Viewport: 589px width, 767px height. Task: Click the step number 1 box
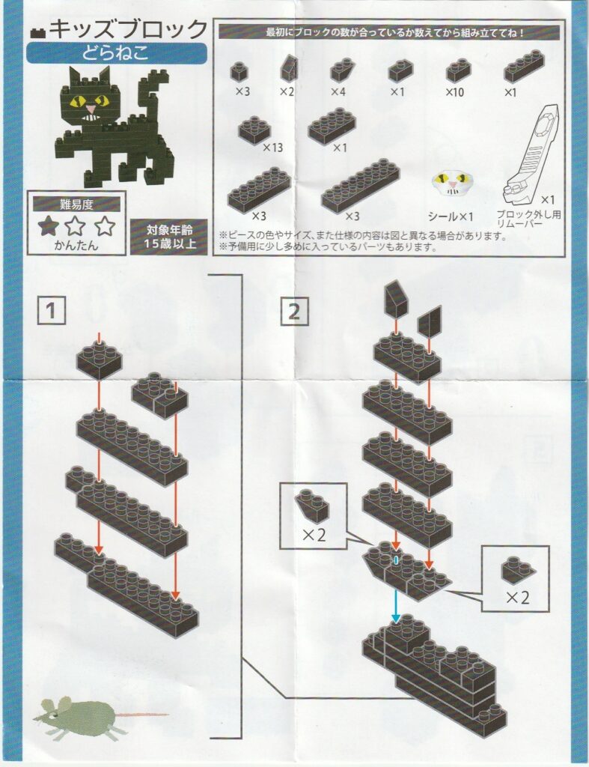pyautogui.click(x=51, y=311)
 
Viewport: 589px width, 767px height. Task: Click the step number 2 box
pyautogui.click(x=295, y=311)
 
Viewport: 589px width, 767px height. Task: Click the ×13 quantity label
pyautogui.click(x=273, y=148)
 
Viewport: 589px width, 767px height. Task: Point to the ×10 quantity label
pyautogui.click(x=454, y=92)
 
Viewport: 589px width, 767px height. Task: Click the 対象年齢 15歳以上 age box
pyautogui.click(x=169, y=237)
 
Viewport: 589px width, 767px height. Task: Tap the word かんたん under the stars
pyautogui.click(x=76, y=245)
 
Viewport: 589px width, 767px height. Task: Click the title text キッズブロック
pyautogui.click(x=129, y=29)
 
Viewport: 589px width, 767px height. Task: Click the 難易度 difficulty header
pyautogui.click(x=76, y=205)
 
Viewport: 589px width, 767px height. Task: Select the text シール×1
pyautogui.click(x=451, y=216)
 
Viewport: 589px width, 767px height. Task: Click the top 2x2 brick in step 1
pyautogui.click(x=99, y=360)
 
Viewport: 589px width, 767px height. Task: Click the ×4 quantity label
pyautogui.click(x=338, y=92)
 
